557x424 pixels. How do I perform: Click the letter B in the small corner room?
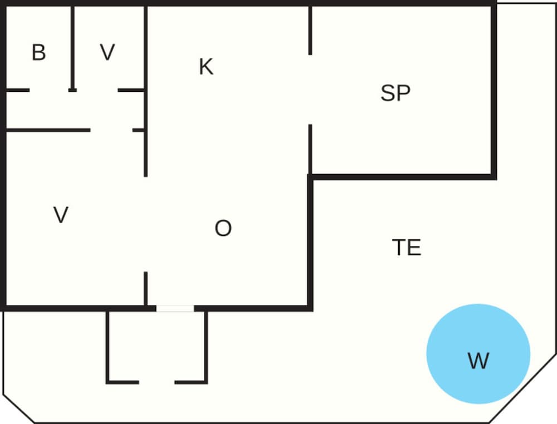38,53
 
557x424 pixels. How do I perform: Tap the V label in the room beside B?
108,53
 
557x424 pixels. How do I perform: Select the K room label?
206,67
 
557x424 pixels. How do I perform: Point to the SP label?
395,93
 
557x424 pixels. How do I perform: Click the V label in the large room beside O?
61,215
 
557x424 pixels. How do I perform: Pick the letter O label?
223,228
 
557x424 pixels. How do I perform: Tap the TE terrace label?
407,248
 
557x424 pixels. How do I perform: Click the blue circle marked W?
478,354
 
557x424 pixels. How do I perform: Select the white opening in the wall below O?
175,308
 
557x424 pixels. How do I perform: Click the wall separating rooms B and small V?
72,47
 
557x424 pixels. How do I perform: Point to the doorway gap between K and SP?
310,90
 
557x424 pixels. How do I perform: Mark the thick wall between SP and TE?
401,176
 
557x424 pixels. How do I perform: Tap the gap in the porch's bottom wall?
157,382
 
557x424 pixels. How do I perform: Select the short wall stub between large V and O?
146,288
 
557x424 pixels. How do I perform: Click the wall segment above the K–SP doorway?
310,31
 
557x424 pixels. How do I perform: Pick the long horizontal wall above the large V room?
48,130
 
